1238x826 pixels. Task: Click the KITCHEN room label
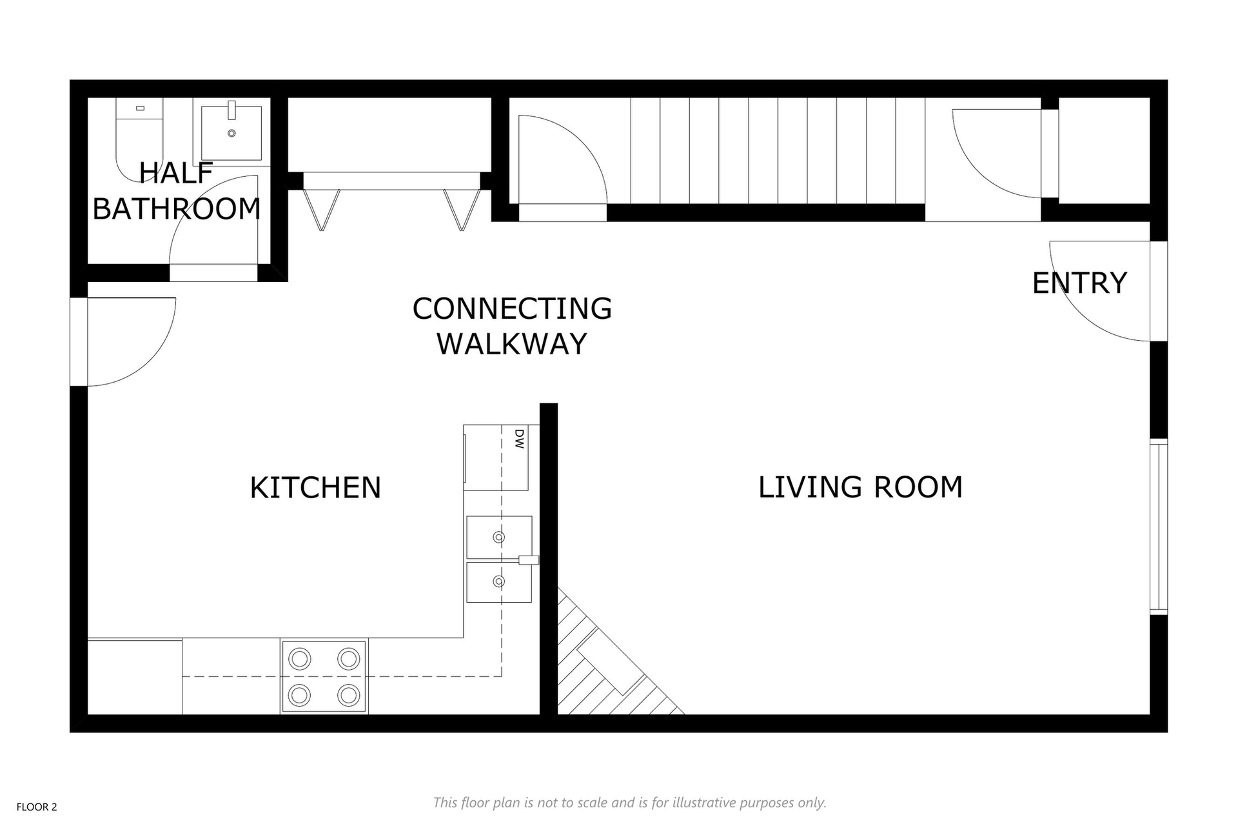pyautogui.click(x=315, y=487)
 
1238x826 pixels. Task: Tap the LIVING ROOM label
pyautogui.click(x=860, y=487)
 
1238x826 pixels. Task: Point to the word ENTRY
pyautogui.click(x=1079, y=283)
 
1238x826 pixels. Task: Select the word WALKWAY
pyautogui.click(x=512, y=343)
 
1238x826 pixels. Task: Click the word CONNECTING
pyautogui.click(x=512, y=308)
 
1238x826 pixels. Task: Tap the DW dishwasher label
pyautogui.click(x=520, y=439)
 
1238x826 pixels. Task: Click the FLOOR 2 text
pyautogui.click(x=37, y=807)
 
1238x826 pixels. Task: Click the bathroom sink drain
pyautogui.click(x=231, y=134)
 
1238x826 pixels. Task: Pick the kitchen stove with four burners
pyautogui.click(x=324, y=676)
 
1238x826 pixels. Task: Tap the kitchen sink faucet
pyautogui.click(x=529, y=560)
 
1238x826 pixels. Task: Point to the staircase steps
pyautogui.click(x=778, y=150)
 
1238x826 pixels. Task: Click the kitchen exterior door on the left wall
pyautogui.click(x=123, y=342)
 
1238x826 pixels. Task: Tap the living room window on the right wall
pyautogui.click(x=1159, y=527)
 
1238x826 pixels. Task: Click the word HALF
pyautogui.click(x=176, y=173)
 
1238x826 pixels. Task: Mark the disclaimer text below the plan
pyautogui.click(x=629, y=803)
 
